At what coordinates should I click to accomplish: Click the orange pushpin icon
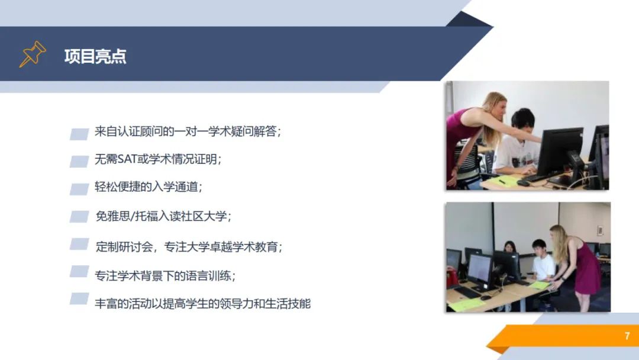pos(33,54)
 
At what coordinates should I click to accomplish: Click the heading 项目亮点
pos(95,56)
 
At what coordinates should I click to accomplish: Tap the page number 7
pos(627,336)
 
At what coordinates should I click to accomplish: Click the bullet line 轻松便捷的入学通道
pos(149,187)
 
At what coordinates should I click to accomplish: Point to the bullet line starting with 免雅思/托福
pos(163,216)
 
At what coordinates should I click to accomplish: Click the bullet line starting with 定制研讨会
pos(189,247)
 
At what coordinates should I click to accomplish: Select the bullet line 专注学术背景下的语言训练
pos(165,276)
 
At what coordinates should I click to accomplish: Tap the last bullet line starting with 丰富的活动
pos(202,304)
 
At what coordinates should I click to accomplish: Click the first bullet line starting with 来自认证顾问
pos(188,131)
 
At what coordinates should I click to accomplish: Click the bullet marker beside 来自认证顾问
pos(79,134)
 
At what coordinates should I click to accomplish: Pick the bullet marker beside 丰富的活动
pos(79,298)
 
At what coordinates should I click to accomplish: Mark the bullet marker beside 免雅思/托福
pos(79,217)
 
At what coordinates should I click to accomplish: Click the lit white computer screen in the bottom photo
pos(480,269)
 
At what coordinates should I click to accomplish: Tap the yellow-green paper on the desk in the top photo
pos(504,181)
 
